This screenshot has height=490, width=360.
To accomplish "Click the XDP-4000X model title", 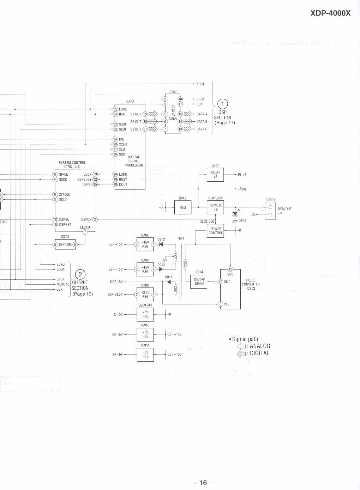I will point(330,13).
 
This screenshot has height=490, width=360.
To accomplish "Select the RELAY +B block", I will point(215,175).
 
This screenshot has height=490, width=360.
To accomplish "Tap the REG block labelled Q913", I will point(182,207).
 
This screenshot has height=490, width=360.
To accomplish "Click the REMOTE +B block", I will point(215,207).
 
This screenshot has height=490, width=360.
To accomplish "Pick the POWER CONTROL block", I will point(215,231).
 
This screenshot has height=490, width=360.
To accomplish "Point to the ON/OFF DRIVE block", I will point(199,282).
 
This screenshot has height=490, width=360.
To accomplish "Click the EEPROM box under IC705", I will point(65,244).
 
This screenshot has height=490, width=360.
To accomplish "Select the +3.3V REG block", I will point(145,294).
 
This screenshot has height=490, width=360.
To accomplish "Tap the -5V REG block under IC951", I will point(145,354).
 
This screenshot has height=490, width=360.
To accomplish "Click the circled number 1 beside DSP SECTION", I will point(222,104).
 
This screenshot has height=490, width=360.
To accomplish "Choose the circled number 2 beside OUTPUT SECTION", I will point(80,274).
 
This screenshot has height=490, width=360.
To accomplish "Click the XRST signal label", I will point(200,84).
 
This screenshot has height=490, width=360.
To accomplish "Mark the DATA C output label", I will point(202,129).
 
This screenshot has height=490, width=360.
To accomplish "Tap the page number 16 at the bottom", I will point(203,483).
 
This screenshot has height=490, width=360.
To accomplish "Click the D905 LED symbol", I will point(235,214).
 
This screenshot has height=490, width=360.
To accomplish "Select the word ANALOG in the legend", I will point(260,346).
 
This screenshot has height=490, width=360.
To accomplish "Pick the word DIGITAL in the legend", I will point(260,353).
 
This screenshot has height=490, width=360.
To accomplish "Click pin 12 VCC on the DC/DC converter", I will point(230,270).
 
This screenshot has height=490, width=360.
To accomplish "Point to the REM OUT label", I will point(284,209).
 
